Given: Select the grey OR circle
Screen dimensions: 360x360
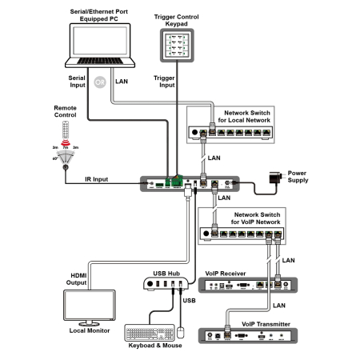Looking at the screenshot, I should pos(101,82).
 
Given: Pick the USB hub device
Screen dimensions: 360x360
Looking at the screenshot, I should pos(169,284).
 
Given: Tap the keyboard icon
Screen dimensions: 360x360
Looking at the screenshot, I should pos(151,333).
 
